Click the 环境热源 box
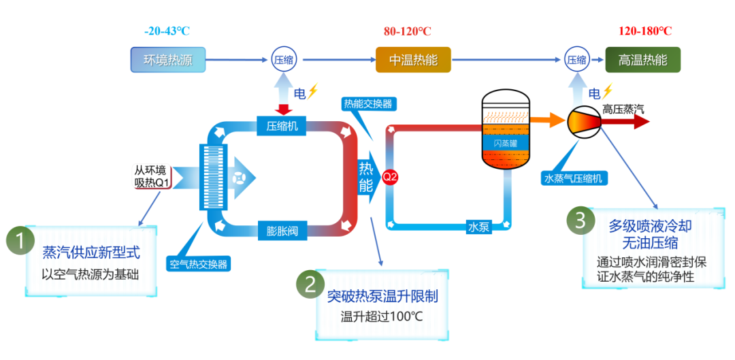[x=167, y=60]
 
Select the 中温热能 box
[x=413, y=60]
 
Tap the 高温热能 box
[x=642, y=60]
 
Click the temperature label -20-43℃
[x=167, y=31]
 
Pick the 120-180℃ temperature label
[x=644, y=31]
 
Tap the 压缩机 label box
[x=282, y=125]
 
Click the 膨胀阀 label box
[x=282, y=231]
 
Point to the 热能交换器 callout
[x=367, y=104]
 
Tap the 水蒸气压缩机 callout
[x=574, y=178]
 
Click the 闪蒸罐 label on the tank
[x=505, y=142]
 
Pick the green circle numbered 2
[x=310, y=286]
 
